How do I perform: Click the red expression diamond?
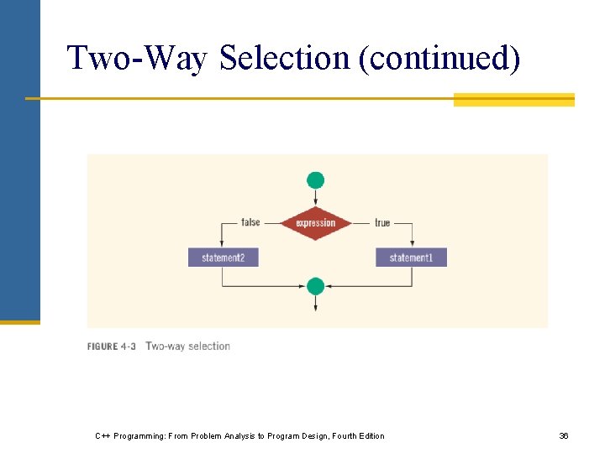click(315, 223)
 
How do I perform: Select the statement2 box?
click(223, 258)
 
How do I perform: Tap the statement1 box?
click(411, 258)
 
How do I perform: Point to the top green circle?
click(315, 180)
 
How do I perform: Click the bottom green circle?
click(315, 286)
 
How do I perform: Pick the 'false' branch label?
click(250, 222)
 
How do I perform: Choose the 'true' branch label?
click(382, 222)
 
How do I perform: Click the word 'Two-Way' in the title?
click(138, 59)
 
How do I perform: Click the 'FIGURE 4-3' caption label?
click(112, 346)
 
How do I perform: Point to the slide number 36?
click(564, 436)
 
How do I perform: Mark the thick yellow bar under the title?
click(513, 100)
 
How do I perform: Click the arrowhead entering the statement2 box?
click(223, 245)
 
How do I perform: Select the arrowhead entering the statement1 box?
click(412, 245)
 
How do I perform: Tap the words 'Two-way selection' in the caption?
click(187, 346)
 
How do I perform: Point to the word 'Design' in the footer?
click(304, 436)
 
